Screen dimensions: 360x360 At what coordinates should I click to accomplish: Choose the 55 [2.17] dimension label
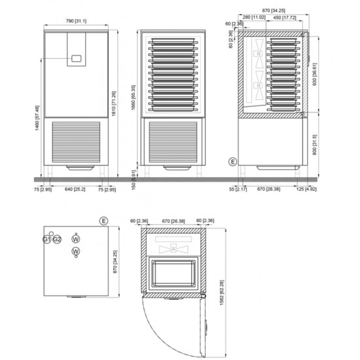(x=241, y=190)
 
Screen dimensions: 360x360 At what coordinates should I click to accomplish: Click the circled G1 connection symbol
(x=46, y=239)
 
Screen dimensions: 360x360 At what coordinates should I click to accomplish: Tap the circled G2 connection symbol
(x=57, y=239)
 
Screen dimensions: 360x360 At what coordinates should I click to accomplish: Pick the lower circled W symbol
(x=76, y=251)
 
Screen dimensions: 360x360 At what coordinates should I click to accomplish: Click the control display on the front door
(x=77, y=58)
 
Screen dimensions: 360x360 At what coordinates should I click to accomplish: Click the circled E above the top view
(x=103, y=221)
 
